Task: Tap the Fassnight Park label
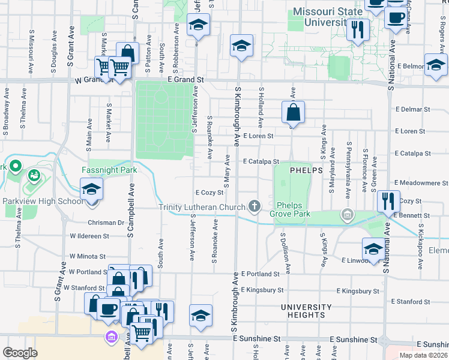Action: [x=109, y=170]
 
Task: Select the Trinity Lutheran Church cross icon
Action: [x=255, y=207]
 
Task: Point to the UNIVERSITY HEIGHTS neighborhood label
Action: [x=306, y=311]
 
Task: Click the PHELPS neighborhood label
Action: [x=307, y=170]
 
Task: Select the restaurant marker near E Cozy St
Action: [x=388, y=200]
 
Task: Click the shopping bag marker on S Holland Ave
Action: [x=293, y=112]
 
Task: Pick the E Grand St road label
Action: [x=186, y=79]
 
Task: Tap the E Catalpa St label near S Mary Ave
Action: [x=262, y=161]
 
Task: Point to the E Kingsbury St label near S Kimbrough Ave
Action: [x=262, y=290]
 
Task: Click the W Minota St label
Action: [x=88, y=255]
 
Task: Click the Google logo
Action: [x=20, y=353]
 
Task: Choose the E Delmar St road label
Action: [x=414, y=110]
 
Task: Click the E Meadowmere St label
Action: [x=421, y=183]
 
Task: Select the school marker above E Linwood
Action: [x=373, y=248]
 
